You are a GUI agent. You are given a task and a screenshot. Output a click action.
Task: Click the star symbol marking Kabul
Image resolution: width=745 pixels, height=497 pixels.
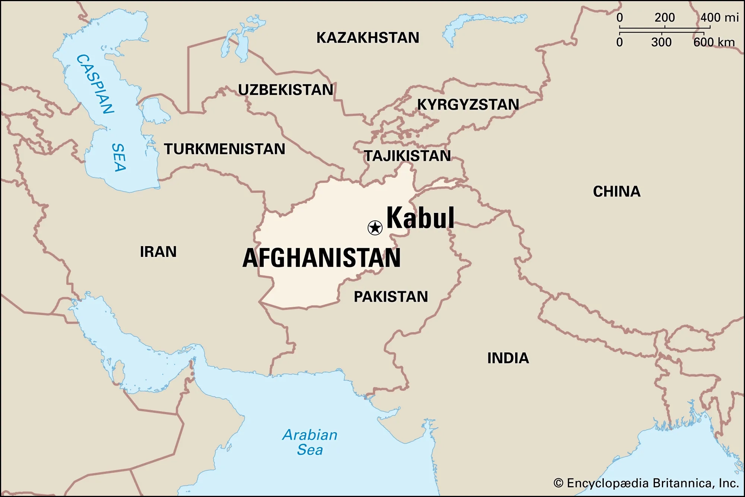pyautogui.click(x=375, y=227)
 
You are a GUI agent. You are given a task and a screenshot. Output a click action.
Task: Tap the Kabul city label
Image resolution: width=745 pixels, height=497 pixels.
pyautogui.click(x=421, y=218)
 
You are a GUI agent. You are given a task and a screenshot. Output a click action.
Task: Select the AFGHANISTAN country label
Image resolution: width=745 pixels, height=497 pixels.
pyautogui.click(x=321, y=258)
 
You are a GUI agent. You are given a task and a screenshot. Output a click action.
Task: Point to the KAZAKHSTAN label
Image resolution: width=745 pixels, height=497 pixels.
pyautogui.click(x=368, y=38)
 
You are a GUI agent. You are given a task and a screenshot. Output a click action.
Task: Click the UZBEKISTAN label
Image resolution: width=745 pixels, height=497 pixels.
pyautogui.click(x=286, y=90)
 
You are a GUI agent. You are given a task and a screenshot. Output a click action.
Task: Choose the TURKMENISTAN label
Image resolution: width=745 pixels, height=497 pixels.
pyautogui.click(x=225, y=149)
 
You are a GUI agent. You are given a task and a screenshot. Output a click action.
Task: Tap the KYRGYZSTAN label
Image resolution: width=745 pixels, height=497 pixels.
pyautogui.click(x=468, y=105)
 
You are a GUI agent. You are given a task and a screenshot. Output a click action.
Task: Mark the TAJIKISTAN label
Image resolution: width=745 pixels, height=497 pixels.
pyautogui.click(x=407, y=156)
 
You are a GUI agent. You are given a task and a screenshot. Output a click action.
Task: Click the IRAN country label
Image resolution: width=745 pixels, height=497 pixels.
pyautogui.click(x=158, y=252)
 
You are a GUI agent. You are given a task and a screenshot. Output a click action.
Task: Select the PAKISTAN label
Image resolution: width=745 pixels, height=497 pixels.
pyautogui.click(x=391, y=297)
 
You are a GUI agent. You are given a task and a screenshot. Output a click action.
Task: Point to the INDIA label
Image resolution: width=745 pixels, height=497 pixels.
pyautogui.click(x=508, y=358)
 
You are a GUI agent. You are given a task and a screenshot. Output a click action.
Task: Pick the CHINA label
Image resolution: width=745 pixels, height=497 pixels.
pyautogui.click(x=616, y=192)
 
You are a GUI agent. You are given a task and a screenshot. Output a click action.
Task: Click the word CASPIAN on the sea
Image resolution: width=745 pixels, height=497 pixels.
pyautogui.click(x=95, y=84)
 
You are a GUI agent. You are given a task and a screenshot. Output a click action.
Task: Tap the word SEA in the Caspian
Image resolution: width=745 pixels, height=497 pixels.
pyautogui.click(x=119, y=157)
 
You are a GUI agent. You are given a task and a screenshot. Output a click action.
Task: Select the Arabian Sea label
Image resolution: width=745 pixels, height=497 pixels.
pyautogui.click(x=310, y=443)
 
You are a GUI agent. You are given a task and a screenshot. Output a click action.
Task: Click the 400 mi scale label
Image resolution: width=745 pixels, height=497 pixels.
pyautogui.click(x=719, y=18)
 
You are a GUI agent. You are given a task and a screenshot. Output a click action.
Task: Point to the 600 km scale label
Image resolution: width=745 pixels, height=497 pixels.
pyautogui.click(x=714, y=42)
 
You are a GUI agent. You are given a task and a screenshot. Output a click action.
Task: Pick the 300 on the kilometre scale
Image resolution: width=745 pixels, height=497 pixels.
pyautogui.click(x=661, y=42)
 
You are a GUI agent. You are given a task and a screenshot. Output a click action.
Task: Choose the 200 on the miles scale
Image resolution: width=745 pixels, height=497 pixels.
pyautogui.click(x=665, y=18)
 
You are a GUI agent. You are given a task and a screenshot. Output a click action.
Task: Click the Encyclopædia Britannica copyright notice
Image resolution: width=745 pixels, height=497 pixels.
pyautogui.click(x=646, y=483)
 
